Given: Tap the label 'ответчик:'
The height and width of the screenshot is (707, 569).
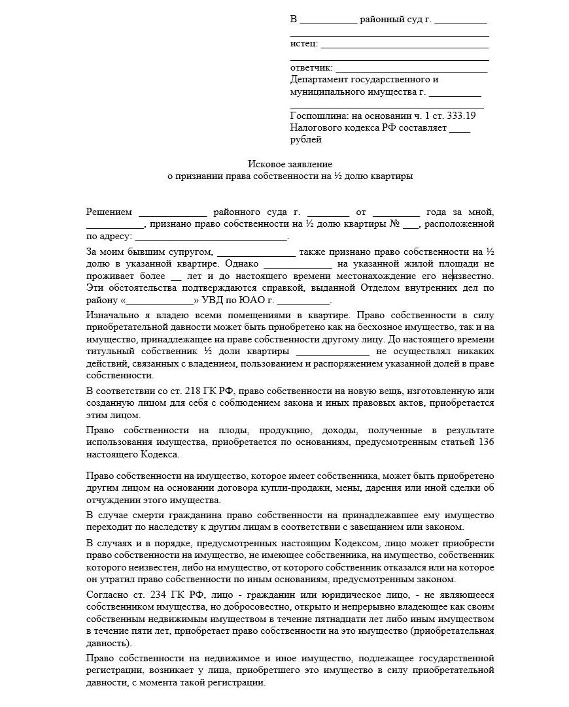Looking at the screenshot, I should tap(311, 68).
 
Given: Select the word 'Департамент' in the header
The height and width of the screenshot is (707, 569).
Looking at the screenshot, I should tap(319, 80).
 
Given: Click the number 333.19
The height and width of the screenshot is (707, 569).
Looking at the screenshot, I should tap(462, 116).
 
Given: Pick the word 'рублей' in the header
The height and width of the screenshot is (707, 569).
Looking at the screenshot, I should tap(305, 139).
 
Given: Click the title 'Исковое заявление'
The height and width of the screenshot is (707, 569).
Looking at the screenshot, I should tap(290, 163).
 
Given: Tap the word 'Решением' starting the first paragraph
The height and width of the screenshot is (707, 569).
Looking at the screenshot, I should tap(109, 212).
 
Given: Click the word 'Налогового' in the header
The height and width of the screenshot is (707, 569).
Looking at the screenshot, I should tap(315, 127).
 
